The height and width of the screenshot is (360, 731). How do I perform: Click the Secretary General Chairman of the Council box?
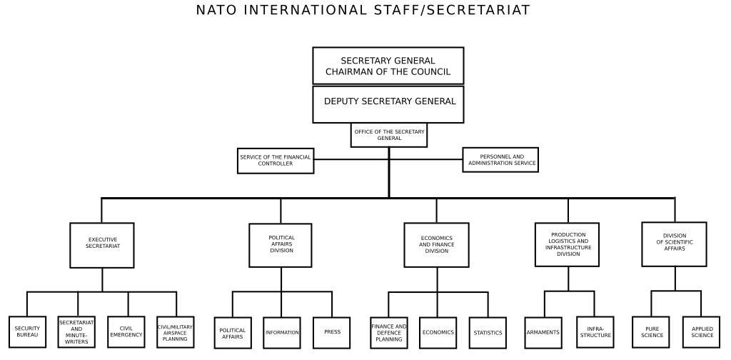point(388,66)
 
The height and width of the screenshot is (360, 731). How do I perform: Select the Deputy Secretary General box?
point(388,104)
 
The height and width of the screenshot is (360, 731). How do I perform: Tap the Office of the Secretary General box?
point(389,134)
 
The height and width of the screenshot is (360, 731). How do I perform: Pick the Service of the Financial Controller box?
point(276,160)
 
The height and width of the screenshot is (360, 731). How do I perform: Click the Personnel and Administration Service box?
point(500,160)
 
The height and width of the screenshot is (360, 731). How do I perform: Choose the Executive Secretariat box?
point(102,244)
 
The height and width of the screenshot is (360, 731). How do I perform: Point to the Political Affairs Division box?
point(281,244)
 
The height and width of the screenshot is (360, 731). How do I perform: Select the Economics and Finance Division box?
point(436,244)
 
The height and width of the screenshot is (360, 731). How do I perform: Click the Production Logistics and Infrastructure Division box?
point(568,244)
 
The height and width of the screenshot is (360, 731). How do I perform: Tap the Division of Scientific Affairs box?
point(674,244)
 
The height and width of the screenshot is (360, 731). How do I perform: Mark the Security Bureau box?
point(27,332)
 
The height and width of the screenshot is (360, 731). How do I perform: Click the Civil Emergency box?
point(126,332)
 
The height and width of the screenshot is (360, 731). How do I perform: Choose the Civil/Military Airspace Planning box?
point(175,332)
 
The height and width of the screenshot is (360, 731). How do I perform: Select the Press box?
point(332,332)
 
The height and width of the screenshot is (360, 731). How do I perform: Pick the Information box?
point(282,332)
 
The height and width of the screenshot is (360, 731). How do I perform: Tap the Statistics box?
point(488,332)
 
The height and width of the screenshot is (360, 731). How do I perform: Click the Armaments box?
point(543,332)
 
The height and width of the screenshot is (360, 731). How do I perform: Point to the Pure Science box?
point(651,332)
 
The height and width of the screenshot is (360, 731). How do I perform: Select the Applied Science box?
point(701,332)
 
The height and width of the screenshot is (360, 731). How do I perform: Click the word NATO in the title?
point(217,10)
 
